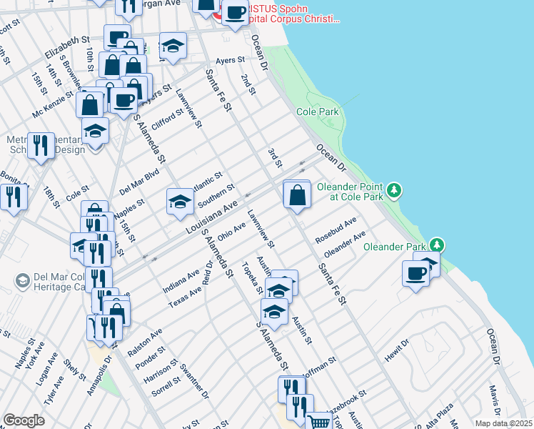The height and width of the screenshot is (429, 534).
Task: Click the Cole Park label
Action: click(x=318, y=112)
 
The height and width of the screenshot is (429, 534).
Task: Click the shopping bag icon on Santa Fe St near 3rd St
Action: click(x=297, y=194)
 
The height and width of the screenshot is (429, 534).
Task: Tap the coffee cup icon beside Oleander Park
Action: click(x=416, y=273)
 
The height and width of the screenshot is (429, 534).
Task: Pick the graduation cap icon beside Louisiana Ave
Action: click(x=180, y=201)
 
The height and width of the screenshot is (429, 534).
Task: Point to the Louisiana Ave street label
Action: click(x=211, y=217)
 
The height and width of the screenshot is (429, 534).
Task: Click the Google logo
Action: click(x=24, y=420)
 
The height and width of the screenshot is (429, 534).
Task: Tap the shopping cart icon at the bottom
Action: click(x=318, y=423)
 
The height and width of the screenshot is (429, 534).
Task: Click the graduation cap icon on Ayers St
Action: click(x=172, y=46)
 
